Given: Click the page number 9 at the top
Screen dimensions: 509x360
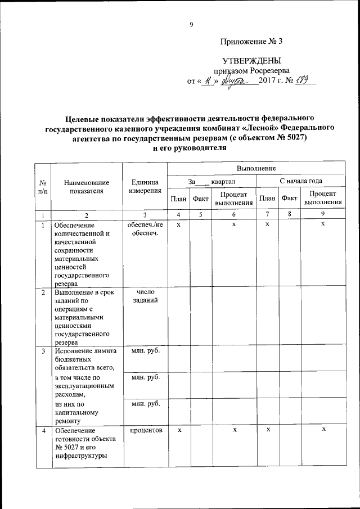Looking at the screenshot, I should (x=191, y=24).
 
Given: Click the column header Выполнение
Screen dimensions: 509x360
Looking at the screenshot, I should (x=256, y=168).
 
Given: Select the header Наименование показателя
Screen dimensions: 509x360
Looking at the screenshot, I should (x=87, y=186).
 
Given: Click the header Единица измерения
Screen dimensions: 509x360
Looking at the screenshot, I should (x=145, y=186).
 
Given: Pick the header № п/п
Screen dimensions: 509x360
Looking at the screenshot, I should (x=43, y=186).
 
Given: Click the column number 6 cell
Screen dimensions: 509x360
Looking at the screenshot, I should (x=233, y=215).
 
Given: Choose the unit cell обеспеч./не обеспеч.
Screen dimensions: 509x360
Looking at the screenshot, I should (x=145, y=229).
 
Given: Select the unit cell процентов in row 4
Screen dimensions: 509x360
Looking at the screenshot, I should (x=145, y=430).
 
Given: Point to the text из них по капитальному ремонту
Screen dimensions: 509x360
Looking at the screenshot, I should (x=77, y=412).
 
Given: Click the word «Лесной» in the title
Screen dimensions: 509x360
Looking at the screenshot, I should (x=256, y=128).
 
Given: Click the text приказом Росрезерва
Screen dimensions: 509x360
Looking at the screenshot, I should (x=251, y=71).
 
